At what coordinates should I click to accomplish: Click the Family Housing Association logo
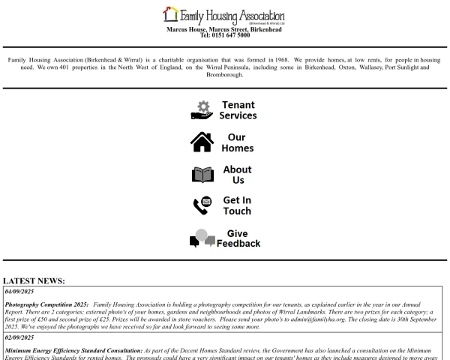pos(224,14)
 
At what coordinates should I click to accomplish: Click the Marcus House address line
pos(224,29)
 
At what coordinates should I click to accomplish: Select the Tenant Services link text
pos(238,110)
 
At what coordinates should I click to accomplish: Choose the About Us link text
pos(237,175)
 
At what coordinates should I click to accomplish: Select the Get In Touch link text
pos(237,206)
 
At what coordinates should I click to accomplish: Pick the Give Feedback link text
pos(238,238)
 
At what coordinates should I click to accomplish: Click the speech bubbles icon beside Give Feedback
pos(202,238)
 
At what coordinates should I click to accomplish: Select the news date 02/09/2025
pos(20,338)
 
